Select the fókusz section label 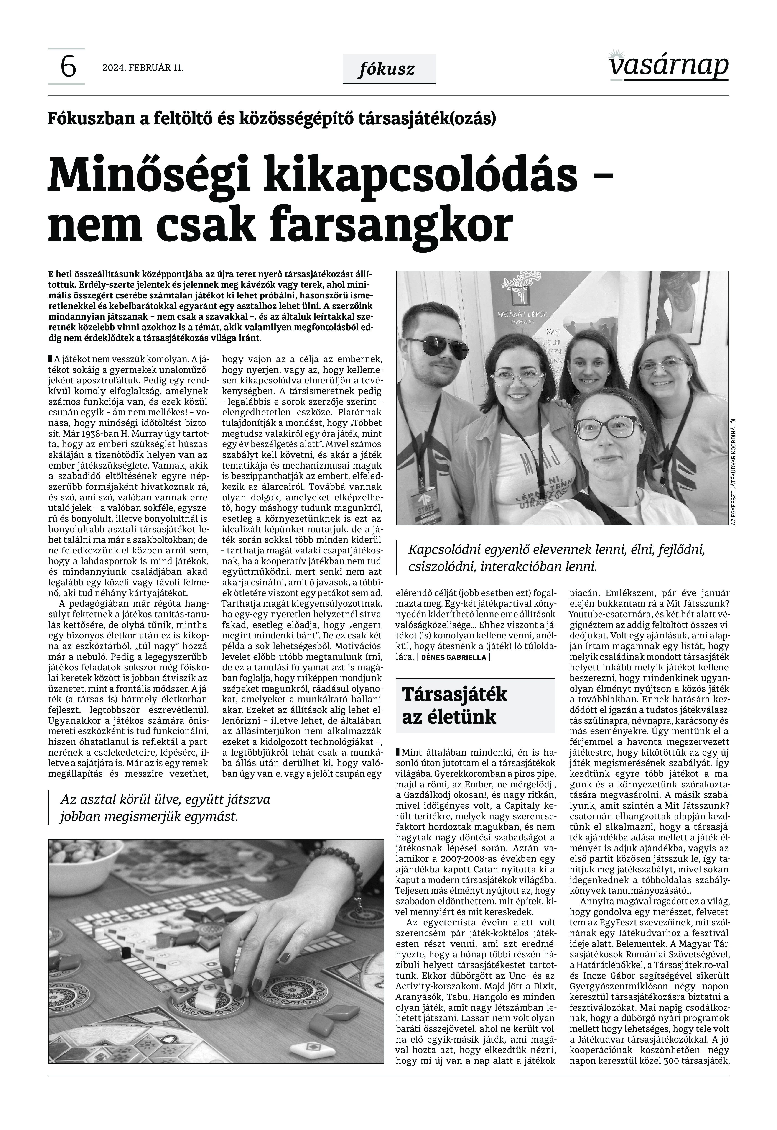point(388,69)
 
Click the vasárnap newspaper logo point(668,65)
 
